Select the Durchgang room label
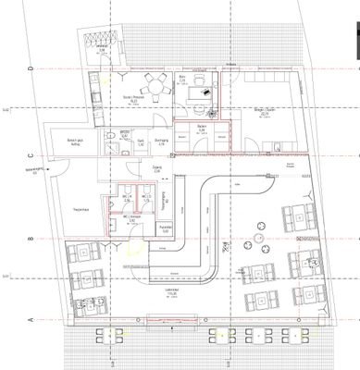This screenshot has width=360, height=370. (x=158, y=142)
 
